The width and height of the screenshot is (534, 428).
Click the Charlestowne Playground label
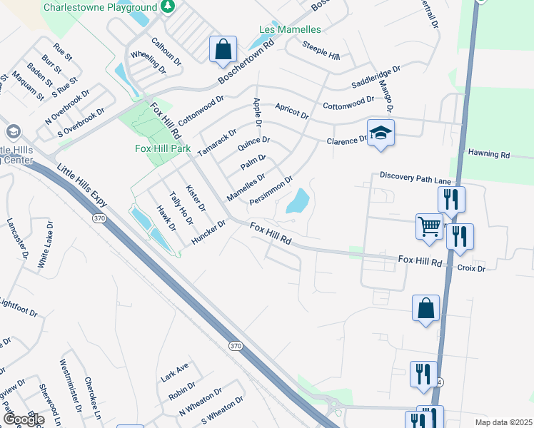point(99,7)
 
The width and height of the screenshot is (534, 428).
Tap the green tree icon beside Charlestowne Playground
point(167,7)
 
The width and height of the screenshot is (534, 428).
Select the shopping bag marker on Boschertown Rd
point(223,50)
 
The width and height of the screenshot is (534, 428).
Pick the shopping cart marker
point(429,226)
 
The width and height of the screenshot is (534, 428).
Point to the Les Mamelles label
point(289,29)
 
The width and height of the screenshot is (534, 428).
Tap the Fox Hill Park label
point(163,148)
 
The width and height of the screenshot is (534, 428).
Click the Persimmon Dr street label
point(271,190)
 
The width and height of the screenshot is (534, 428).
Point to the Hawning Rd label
point(489,153)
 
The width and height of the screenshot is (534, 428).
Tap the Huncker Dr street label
point(208,233)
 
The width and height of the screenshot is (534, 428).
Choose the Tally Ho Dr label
point(181,208)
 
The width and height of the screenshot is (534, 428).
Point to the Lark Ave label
point(175,372)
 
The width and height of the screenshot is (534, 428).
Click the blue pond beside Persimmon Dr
point(298,201)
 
